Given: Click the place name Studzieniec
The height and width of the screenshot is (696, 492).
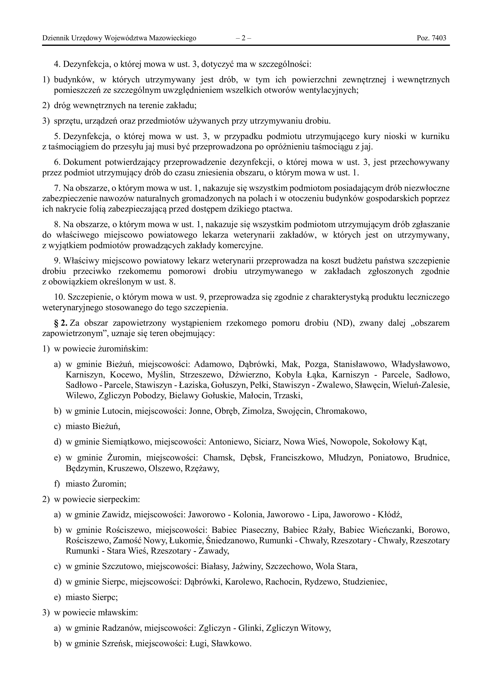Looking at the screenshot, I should point(365,582).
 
